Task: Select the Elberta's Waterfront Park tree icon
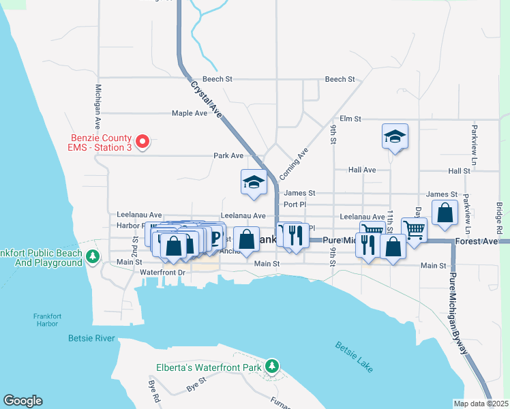click(x=272, y=367)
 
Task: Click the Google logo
click(x=22, y=401)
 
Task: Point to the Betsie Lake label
click(x=354, y=357)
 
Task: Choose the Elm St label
click(x=349, y=119)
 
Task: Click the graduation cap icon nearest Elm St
click(x=395, y=136)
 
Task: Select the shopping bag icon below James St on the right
click(x=445, y=213)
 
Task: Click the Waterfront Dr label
click(x=162, y=272)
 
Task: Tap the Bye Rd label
click(x=156, y=394)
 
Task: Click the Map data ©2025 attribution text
click(x=481, y=404)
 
